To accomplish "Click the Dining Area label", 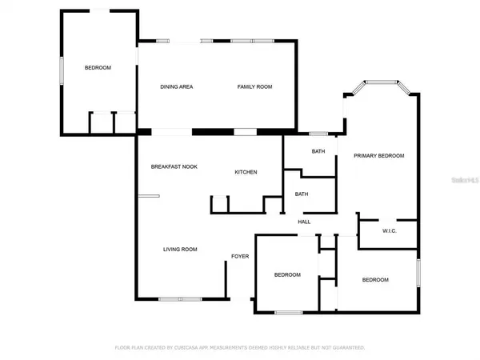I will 177,86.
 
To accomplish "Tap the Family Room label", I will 254,86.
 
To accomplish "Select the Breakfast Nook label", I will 174,166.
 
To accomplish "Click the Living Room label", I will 180,249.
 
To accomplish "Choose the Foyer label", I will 240,256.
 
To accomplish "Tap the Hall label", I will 304,222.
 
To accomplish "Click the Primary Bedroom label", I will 379,155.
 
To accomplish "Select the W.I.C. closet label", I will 390,231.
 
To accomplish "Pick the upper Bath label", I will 318,151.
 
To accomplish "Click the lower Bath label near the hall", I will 302,194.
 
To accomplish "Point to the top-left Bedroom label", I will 98,67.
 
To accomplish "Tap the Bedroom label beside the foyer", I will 287,274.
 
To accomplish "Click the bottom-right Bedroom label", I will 375,279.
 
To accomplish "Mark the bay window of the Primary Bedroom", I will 382,82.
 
